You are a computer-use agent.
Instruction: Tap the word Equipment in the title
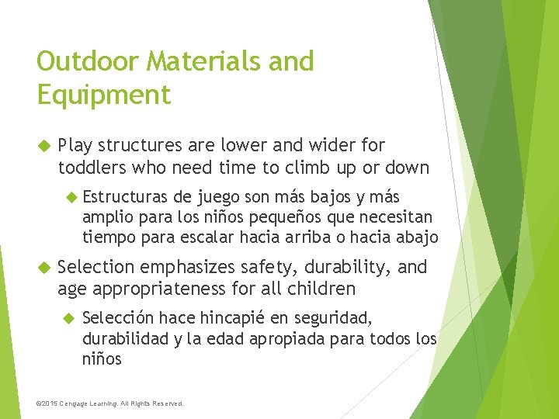(103, 95)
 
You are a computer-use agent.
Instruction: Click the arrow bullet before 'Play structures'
(43, 145)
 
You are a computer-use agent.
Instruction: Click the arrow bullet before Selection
(43, 268)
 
